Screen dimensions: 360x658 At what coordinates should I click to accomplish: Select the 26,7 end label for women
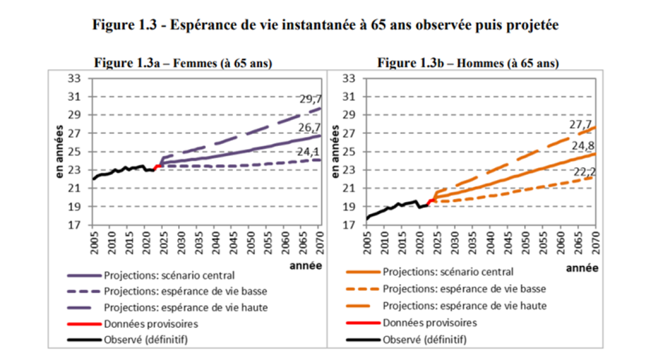pos(310,128)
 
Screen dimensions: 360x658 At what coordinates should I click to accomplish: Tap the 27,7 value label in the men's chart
pos(583,125)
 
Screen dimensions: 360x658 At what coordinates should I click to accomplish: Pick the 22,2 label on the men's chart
pos(585,173)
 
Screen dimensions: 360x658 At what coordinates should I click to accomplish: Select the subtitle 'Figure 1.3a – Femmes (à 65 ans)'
pos(183,63)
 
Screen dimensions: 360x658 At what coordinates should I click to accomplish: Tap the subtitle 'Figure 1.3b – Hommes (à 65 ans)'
pos(468,63)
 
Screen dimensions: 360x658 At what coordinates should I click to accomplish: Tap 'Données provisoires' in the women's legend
pos(151,323)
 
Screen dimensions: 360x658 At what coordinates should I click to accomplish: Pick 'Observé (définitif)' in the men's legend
pos(424,340)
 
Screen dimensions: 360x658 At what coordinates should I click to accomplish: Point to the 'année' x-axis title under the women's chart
pos(305,266)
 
